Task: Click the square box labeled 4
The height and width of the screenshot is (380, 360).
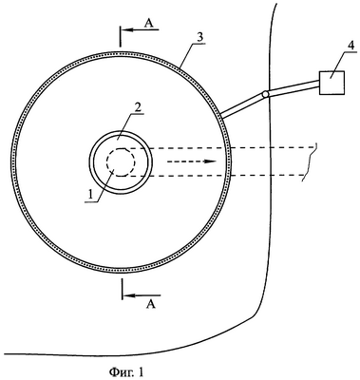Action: tap(332, 83)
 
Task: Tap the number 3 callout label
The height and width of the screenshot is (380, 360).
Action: tap(199, 37)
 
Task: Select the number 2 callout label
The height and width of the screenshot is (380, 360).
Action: tap(137, 108)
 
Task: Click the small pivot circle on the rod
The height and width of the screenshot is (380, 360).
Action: tap(265, 94)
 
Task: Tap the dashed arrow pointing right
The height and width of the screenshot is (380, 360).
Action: tap(192, 161)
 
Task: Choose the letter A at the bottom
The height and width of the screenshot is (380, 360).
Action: tap(151, 304)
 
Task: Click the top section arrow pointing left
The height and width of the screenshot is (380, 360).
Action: tap(140, 30)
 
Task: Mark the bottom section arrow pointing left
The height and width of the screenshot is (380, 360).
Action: tap(142, 295)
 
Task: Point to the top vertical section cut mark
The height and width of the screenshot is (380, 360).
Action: tap(121, 36)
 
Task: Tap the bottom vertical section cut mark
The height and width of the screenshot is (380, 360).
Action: tap(123, 289)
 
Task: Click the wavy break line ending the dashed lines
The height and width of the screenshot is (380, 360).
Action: tap(310, 161)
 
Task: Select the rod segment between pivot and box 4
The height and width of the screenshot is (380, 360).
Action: tap(293, 87)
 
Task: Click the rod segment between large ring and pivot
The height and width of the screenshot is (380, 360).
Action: tap(242, 105)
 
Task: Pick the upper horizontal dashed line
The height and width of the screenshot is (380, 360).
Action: tap(218, 147)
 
